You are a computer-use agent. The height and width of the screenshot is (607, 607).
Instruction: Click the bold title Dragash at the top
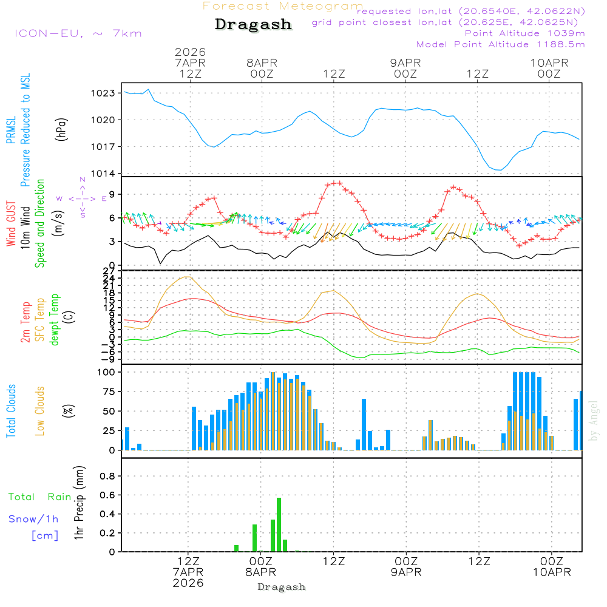pos(253,25)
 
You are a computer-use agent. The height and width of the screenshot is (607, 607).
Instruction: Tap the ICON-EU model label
pos(78,33)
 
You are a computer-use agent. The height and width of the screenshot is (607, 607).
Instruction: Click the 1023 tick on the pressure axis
pos(104,93)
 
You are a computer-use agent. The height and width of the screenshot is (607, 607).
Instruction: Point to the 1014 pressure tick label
pos(104,174)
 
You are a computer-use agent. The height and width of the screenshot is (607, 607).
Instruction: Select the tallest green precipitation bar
pos(279,524)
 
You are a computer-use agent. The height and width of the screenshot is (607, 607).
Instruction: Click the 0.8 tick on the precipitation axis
pos(107,476)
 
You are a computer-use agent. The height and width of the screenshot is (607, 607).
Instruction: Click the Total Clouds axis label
pos(12,411)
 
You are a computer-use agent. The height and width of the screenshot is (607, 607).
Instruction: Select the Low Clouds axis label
pos(41,411)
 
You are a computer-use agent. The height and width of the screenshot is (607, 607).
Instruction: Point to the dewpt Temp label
pos(55,320)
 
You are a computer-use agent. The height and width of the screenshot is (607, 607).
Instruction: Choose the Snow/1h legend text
pos(34,519)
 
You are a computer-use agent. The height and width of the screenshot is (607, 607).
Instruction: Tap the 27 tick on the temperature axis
pos(110,271)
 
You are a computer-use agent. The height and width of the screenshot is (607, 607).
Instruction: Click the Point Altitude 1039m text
pos(525,33)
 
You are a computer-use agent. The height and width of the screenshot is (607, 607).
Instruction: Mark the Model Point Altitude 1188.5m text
pos(501,44)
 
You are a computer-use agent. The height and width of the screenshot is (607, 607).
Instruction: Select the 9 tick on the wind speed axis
pos(112,194)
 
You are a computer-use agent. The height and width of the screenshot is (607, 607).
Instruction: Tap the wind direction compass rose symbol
pos(83,198)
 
